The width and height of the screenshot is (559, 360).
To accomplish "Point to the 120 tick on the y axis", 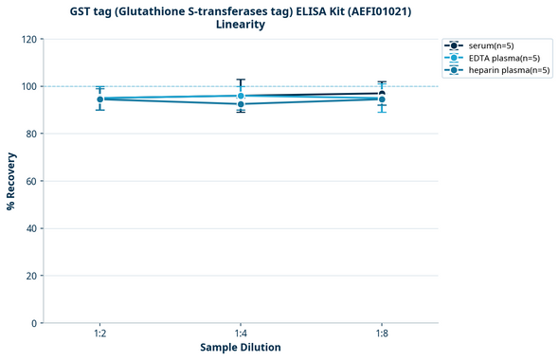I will [29, 39].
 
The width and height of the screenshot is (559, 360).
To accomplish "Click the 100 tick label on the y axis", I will [29, 86].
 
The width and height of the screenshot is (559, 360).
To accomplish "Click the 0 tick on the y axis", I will [35, 323].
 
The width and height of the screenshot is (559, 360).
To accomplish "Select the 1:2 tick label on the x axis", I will [99, 334].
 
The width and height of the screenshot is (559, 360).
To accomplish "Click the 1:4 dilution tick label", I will [241, 334].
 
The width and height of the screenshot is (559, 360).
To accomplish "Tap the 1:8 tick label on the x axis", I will [381, 334].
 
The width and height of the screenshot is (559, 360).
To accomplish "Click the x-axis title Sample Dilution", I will [241, 348].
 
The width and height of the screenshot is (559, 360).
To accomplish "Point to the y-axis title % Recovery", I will [10, 181].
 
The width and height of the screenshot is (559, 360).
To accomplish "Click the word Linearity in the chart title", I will [241, 25].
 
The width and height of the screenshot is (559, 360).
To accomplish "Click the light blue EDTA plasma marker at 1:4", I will [241, 96].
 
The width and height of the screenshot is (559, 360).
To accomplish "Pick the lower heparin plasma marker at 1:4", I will [241, 104].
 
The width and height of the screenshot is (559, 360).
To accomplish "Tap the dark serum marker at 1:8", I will [381, 94].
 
